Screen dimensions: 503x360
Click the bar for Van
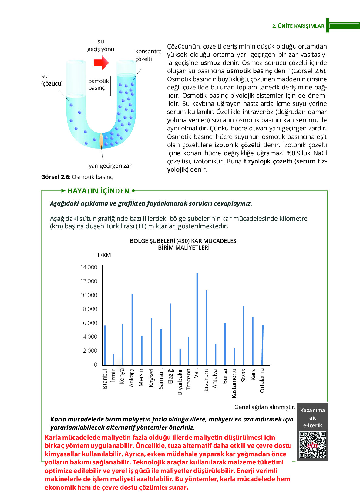point(197,318)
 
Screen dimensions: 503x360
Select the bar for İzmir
point(114,359)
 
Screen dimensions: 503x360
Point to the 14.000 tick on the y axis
point(89,267)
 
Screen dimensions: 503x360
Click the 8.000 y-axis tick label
point(90,309)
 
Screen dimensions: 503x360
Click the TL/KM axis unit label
point(103,255)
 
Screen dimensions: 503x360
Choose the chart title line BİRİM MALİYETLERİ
point(184,247)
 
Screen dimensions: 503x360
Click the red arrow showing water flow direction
point(101,63)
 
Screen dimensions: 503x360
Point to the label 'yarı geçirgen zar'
point(110,166)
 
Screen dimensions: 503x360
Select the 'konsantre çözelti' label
point(148,55)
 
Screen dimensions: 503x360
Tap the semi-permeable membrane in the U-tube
point(101,140)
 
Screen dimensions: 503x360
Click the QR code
point(312,445)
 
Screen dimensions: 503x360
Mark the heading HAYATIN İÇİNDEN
point(98,191)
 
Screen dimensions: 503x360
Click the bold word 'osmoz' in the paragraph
point(210,63)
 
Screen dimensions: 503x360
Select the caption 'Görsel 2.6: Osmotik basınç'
point(77,177)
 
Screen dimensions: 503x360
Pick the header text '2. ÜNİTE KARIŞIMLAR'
point(298,26)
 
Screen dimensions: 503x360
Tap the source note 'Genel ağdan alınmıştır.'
point(265,407)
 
